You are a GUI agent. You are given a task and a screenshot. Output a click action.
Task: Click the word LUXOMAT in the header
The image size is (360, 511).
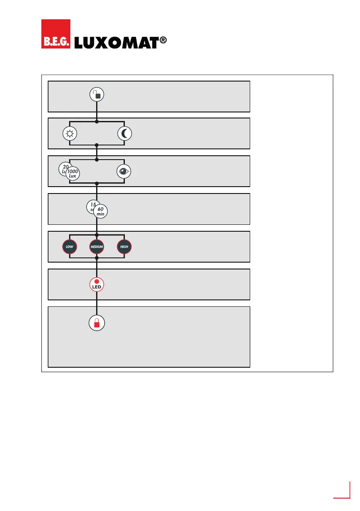(x=113, y=43)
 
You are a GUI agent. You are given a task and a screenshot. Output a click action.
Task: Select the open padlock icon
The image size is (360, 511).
(x=97, y=95)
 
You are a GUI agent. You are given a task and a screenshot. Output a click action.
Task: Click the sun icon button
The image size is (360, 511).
(x=70, y=133)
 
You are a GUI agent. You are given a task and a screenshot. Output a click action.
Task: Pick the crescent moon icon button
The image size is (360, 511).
(x=124, y=133)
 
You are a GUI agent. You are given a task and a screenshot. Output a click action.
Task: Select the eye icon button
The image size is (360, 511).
(x=124, y=171)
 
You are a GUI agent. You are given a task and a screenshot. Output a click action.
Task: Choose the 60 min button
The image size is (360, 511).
(x=101, y=212)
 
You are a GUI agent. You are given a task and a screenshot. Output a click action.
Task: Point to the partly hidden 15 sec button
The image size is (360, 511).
(x=91, y=205)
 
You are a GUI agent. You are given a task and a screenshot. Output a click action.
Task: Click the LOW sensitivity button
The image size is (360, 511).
(x=70, y=247)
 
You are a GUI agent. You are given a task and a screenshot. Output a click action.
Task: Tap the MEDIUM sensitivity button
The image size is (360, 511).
(x=97, y=247)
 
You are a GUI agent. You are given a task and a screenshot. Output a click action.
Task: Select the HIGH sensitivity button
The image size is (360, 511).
(x=124, y=247)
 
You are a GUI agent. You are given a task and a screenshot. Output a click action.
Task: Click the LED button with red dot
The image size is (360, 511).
(x=97, y=284)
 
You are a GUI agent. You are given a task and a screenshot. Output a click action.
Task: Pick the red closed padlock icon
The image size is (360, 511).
(x=97, y=323)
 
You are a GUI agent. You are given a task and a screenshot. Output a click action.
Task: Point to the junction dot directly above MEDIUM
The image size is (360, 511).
(x=97, y=235)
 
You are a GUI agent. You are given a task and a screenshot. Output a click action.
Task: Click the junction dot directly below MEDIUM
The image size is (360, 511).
(x=97, y=258)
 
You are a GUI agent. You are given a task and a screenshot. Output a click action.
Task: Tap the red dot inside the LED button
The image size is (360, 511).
(x=97, y=281)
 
